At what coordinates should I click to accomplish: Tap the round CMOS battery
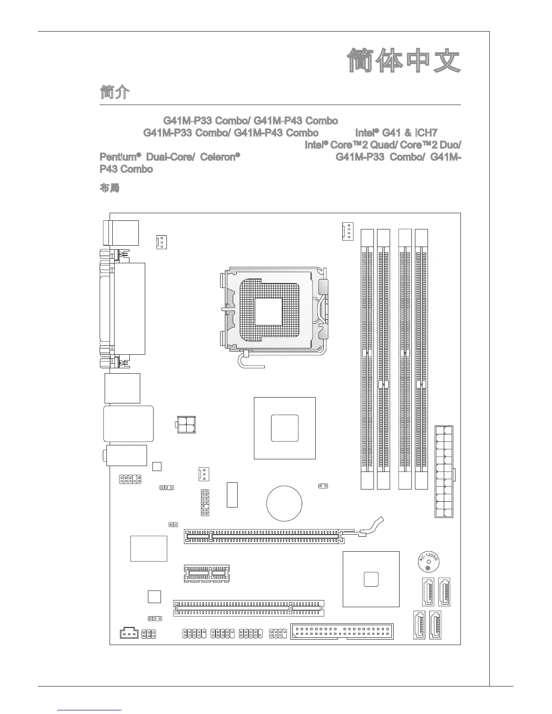(x=284, y=503)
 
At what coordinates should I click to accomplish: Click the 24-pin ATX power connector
(x=444, y=471)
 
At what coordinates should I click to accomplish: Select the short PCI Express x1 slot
(x=207, y=573)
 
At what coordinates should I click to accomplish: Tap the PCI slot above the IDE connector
(x=249, y=608)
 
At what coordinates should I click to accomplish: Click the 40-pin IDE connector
(x=342, y=631)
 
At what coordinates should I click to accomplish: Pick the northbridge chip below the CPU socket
(x=285, y=428)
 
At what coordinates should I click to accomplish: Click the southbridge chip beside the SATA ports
(x=371, y=579)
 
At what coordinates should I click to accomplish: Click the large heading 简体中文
(x=404, y=61)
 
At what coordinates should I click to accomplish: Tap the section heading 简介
(x=115, y=93)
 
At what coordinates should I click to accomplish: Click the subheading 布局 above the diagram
(x=109, y=188)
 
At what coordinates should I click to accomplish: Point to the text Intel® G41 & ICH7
(x=396, y=133)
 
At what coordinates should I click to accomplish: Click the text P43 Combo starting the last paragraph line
(x=126, y=169)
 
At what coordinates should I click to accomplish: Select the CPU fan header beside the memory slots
(x=347, y=231)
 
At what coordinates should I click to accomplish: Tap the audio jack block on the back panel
(x=126, y=455)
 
